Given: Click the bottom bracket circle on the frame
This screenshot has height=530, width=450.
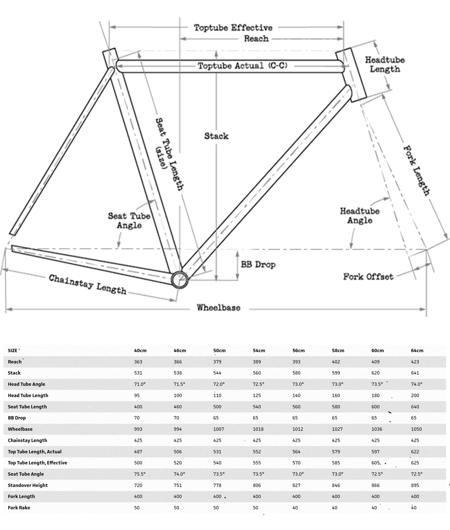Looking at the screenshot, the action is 180,280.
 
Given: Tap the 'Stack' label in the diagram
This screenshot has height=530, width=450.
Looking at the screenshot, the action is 216,136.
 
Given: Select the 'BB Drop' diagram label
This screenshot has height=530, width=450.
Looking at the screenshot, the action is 258,264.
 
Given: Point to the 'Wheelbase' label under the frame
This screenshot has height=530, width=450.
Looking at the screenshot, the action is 218,308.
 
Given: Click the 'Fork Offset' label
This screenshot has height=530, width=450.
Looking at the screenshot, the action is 368,277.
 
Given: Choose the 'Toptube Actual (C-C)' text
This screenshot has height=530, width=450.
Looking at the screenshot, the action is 242,66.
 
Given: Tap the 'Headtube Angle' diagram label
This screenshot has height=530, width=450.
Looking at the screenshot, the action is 360,216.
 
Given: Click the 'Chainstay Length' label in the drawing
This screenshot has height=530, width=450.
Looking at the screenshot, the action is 88,284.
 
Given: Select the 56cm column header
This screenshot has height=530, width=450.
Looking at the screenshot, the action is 298,351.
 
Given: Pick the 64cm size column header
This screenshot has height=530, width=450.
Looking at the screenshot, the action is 417,351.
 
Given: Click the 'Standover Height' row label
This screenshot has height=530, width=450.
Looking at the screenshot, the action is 28,485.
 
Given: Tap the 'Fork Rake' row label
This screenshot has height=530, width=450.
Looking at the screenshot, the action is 19,508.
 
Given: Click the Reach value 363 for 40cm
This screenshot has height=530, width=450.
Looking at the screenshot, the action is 138,362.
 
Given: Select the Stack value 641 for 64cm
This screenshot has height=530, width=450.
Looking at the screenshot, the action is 415,373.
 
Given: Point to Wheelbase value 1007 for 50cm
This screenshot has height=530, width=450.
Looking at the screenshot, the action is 218,429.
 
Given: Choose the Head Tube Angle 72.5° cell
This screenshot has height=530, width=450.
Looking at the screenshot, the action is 258,384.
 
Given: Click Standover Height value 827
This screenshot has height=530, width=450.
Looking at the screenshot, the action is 296,485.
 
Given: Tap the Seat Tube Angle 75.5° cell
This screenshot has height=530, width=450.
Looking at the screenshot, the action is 140,474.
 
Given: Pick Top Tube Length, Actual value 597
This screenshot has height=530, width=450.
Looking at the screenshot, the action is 375,452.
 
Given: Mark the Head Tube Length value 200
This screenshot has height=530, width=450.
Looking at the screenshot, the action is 415,396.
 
